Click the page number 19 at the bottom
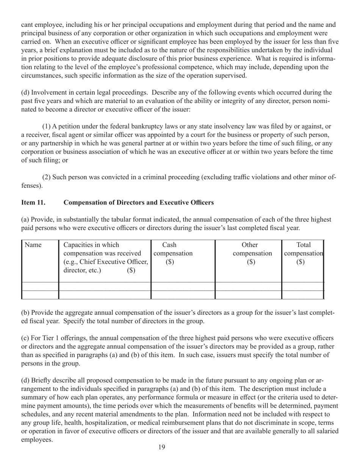(161, 447)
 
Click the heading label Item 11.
(33, 203)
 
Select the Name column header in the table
(33, 245)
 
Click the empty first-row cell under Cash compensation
(183, 286)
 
